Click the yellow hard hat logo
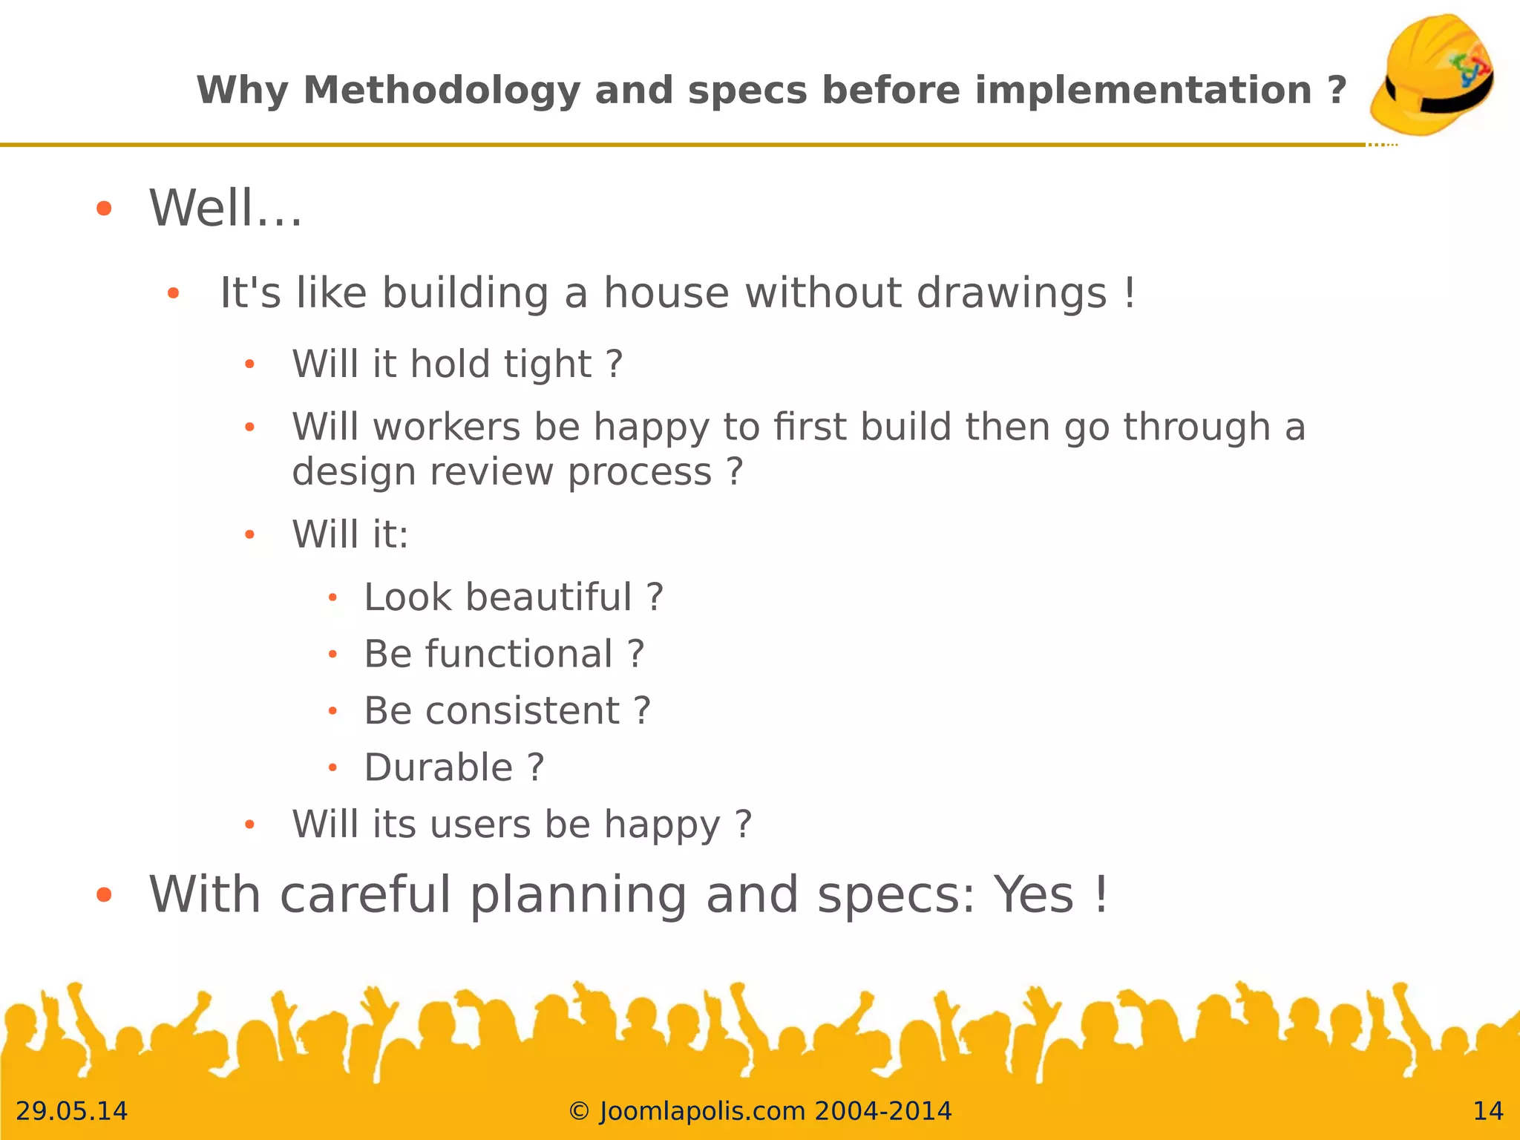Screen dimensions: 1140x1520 coord(1432,74)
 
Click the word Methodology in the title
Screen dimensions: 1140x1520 coord(442,91)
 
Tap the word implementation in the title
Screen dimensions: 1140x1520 coord(1143,91)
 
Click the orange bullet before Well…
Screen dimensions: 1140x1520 coord(104,209)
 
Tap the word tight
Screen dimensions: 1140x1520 coord(548,364)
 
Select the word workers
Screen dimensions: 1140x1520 coord(447,427)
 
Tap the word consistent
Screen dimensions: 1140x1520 coord(522,711)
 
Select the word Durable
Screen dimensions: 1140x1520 coord(439,767)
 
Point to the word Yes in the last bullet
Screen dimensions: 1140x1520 coord(1034,894)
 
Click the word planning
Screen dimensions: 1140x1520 coord(578,896)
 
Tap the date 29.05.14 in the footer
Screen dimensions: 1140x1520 coord(72,1111)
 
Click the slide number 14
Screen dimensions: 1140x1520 coord(1487,1111)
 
